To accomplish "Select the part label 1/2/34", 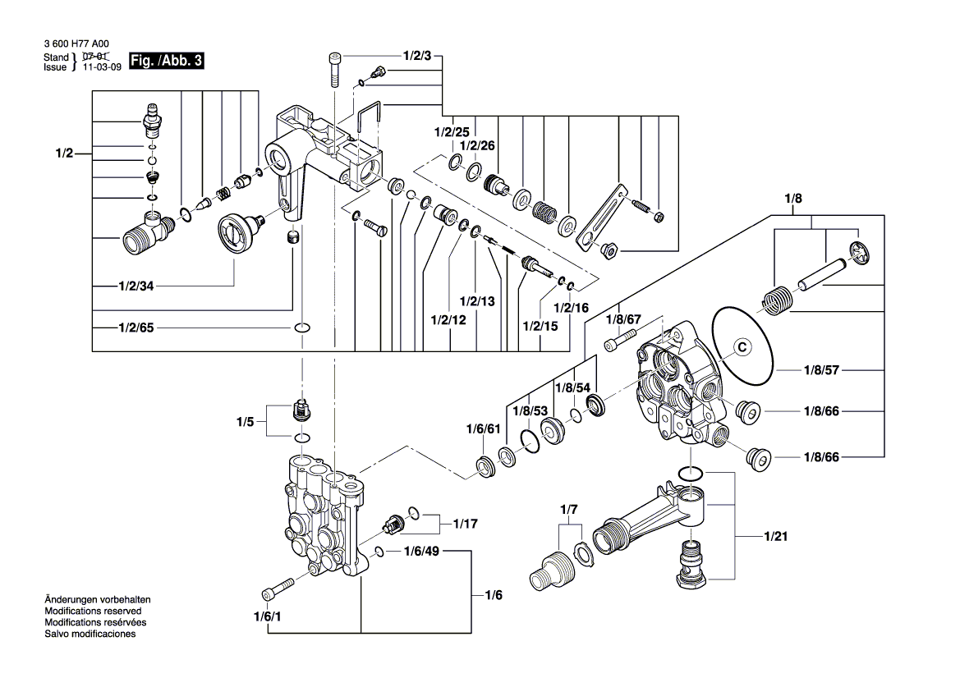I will pos(135,286).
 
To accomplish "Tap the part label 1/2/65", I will pos(135,328).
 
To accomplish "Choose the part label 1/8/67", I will pos(622,318).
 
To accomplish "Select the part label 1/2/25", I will pos(452,132).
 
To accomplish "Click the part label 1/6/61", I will pos(483,429).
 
